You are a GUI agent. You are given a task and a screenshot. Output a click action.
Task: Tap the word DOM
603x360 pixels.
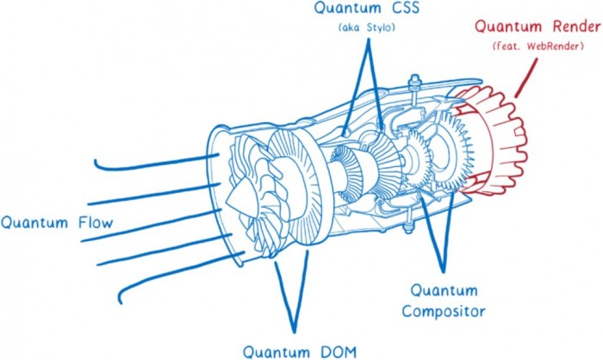tap(331, 351)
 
